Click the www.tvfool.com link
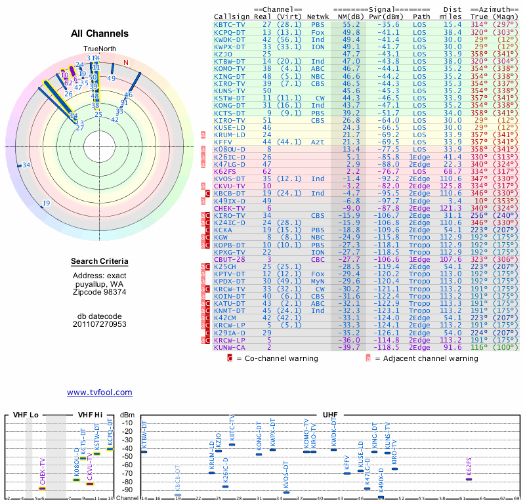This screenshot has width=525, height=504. (99, 392)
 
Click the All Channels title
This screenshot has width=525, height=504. (100, 33)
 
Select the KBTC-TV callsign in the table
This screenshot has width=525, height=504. (230, 24)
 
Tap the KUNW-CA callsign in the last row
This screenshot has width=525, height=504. (230, 347)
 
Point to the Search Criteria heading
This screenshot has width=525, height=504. (100, 262)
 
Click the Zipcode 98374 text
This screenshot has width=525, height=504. (100, 291)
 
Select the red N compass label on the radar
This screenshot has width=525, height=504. (126, 62)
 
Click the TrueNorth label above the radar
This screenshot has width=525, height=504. (98, 49)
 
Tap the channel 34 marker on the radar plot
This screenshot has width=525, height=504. (26, 165)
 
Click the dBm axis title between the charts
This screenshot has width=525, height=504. (127, 415)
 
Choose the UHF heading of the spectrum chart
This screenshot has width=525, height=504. (330, 415)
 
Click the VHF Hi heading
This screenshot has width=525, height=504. (90, 415)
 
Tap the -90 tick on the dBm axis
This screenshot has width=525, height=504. (127, 490)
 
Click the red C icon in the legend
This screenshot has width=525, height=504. (230, 358)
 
